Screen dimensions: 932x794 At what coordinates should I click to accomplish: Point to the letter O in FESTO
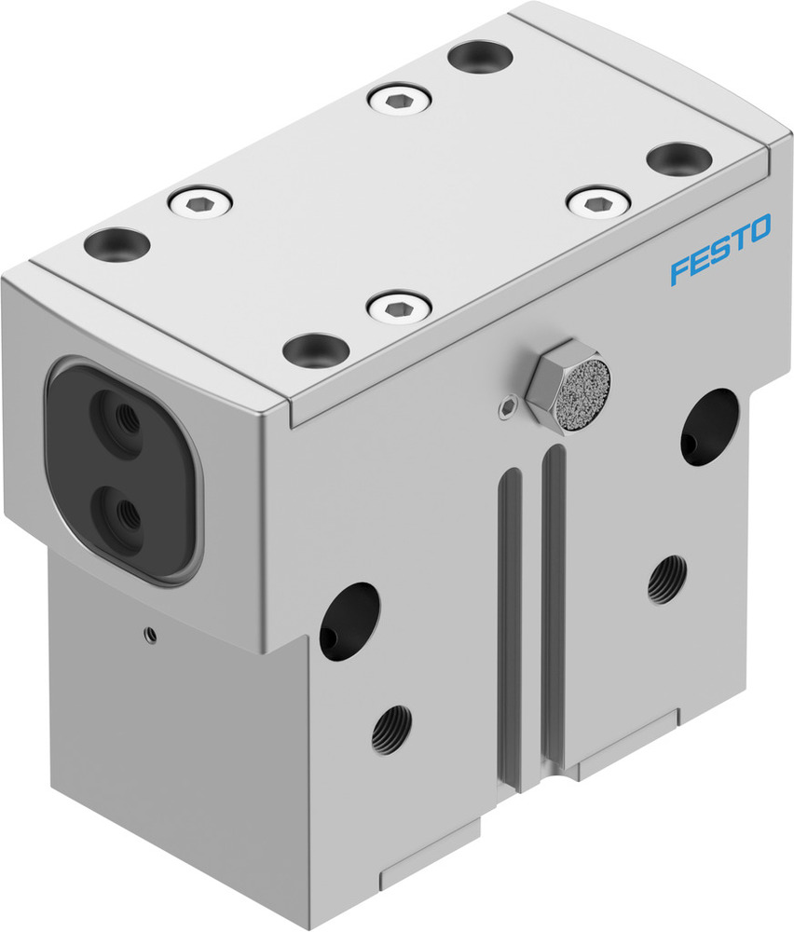(x=759, y=227)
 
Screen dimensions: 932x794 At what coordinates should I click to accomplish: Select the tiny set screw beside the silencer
(x=507, y=404)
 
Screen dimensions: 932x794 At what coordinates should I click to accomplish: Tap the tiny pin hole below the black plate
(x=148, y=636)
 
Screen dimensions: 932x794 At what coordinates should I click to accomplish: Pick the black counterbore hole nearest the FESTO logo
(x=678, y=158)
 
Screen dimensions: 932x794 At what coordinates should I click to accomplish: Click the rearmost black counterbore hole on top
(x=481, y=56)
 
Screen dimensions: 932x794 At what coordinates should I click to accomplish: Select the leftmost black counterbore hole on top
(x=116, y=243)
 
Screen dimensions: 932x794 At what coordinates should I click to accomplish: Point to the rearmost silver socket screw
(x=399, y=98)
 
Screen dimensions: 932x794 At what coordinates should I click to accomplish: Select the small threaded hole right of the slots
(x=667, y=579)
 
